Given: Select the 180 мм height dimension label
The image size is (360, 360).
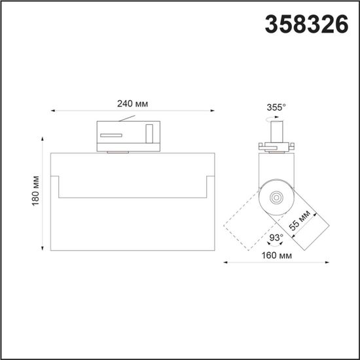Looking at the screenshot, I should click(x=36, y=192).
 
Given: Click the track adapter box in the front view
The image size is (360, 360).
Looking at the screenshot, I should click(x=128, y=134).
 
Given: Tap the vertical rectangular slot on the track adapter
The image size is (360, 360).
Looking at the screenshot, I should click(x=149, y=133).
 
